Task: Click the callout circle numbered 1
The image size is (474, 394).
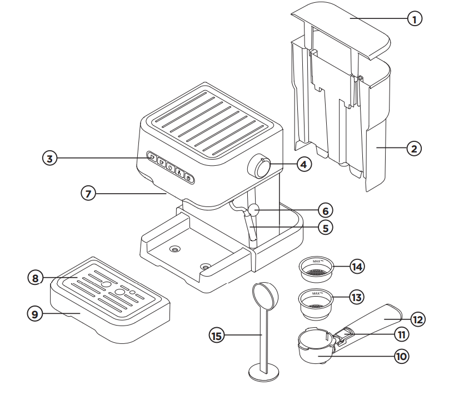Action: coord(415,19)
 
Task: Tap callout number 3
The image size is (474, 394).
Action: coord(51,159)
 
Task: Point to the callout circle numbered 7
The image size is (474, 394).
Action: coord(88,194)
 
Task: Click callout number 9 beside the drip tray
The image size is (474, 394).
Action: coord(35,314)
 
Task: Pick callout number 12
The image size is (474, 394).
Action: coord(418,319)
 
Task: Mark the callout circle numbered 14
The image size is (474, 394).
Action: coord(358,267)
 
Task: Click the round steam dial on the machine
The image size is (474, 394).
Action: coord(260,166)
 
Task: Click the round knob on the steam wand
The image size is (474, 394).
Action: coord(254,210)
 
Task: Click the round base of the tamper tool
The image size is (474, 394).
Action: coord(263,372)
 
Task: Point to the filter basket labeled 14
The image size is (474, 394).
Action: coord(316,268)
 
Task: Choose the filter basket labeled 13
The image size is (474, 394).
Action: coord(316,299)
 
